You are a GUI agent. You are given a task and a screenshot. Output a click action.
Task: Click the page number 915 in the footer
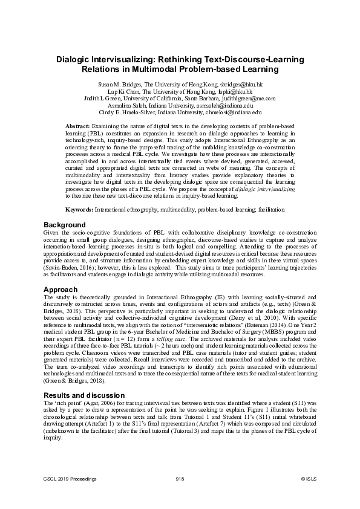point(180,479)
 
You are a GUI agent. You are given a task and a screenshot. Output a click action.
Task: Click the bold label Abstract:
point(77,125)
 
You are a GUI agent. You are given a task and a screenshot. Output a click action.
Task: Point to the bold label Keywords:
point(79,209)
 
